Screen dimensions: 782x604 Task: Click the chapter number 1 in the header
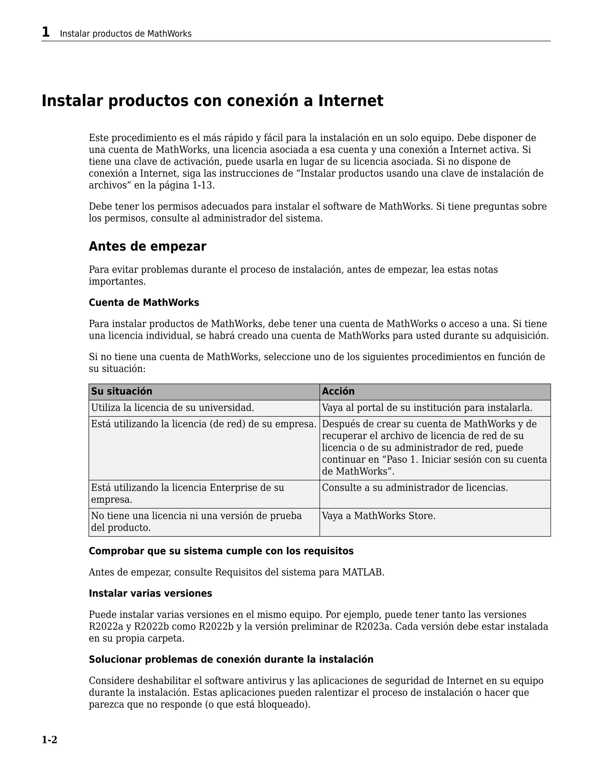click(x=45, y=32)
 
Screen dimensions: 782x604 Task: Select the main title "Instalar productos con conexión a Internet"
click(x=212, y=101)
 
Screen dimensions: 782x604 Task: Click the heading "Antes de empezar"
click(x=147, y=246)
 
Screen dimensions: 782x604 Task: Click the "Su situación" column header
click(x=122, y=391)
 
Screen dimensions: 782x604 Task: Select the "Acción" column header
click(x=338, y=391)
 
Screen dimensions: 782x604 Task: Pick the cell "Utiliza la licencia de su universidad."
click(x=173, y=408)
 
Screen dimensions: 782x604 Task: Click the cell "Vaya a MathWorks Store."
click(x=379, y=516)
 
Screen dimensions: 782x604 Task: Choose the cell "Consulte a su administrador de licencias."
click(x=415, y=488)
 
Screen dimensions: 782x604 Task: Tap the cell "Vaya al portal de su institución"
click(x=427, y=408)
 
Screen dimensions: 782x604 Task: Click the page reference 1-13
click(x=203, y=186)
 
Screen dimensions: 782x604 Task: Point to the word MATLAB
click(x=362, y=572)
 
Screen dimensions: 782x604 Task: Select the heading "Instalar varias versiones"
click(x=150, y=593)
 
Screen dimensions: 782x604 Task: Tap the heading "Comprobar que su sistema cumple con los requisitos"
click(x=221, y=551)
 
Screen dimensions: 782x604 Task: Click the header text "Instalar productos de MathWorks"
click(x=126, y=34)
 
